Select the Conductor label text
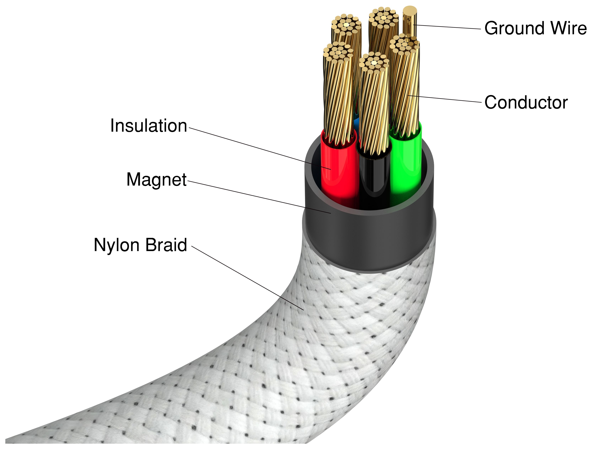click(526, 103)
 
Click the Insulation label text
click(149, 126)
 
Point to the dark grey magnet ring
click(369, 241)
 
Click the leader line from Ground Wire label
click(447, 27)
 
